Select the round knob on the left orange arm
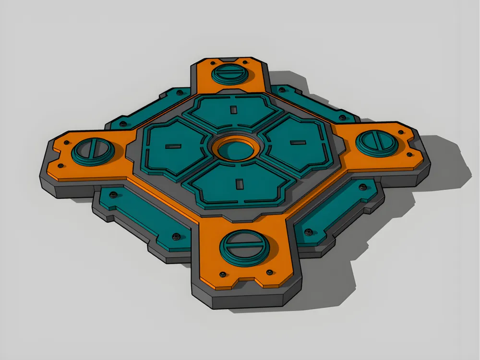(x=93, y=151)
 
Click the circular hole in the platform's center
(x=236, y=149)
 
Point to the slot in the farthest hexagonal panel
(x=234, y=110)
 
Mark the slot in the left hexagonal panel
(x=171, y=145)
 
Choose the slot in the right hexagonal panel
(x=298, y=142)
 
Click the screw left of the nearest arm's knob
(x=222, y=274)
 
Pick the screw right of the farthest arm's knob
(x=246, y=62)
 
